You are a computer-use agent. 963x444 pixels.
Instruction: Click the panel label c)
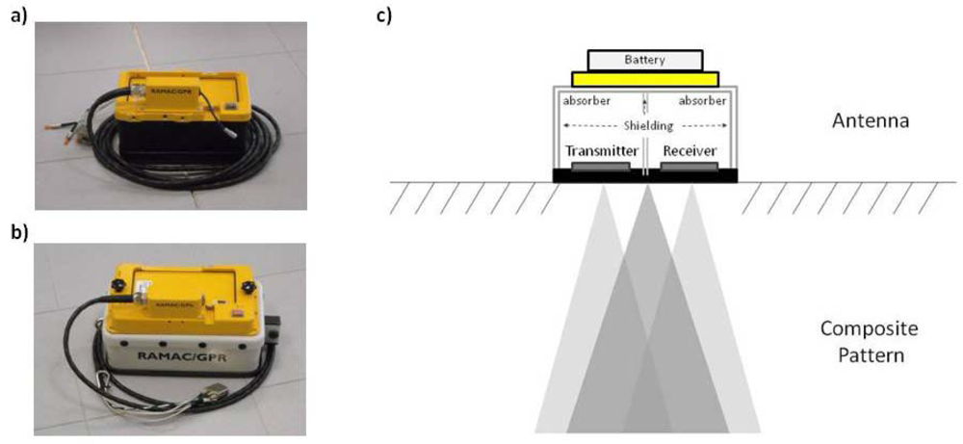pyautogui.click(x=383, y=14)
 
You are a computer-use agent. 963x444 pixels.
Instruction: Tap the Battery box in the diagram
pyautogui.click(x=644, y=60)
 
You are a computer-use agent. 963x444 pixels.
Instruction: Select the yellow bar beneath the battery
pyautogui.click(x=644, y=79)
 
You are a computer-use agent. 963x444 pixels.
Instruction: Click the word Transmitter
pyautogui.click(x=598, y=150)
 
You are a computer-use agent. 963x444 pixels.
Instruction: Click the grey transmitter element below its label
pyautogui.click(x=600, y=167)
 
